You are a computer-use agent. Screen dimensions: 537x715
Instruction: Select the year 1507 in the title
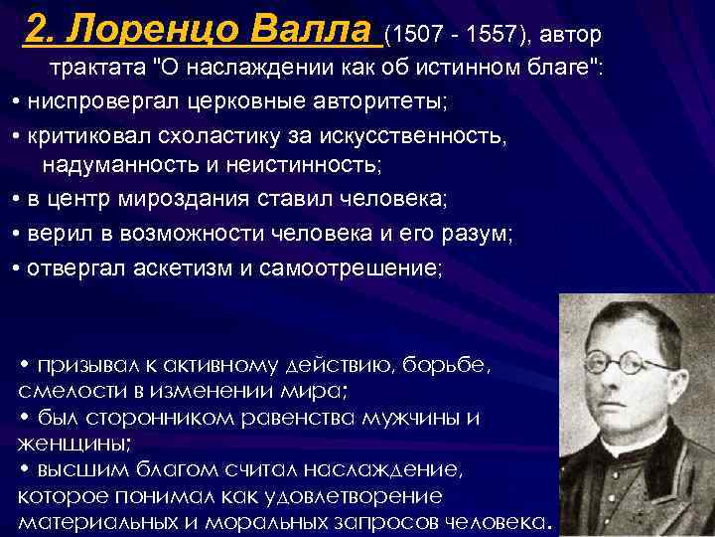point(413,37)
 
